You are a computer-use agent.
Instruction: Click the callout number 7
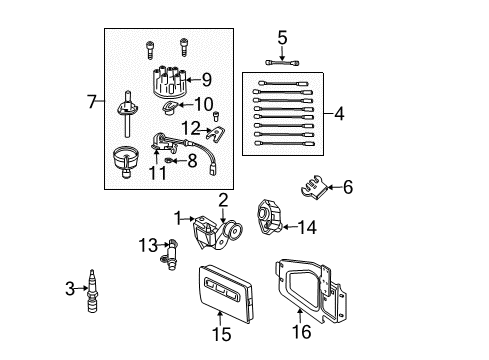[x=92, y=101]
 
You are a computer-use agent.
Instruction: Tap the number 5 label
[x=282, y=38]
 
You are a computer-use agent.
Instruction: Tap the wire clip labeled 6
[x=315, y=187]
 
